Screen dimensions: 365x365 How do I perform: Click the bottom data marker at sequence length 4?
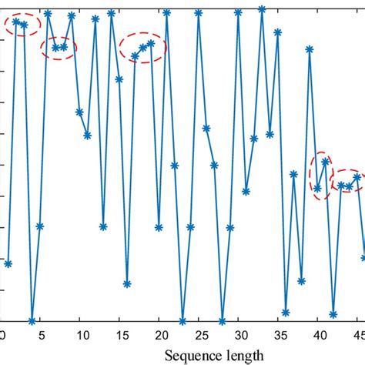[x=32, y=321]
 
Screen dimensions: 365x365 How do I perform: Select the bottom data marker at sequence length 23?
[x=182, y=321]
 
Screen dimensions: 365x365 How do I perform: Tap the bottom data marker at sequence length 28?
[x=222, y=321]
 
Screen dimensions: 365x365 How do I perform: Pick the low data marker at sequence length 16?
[x=127, y=284]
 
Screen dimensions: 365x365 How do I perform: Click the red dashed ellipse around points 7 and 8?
[x=59, y=47]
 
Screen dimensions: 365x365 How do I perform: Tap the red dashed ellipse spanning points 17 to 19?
[x=143, y=48]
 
